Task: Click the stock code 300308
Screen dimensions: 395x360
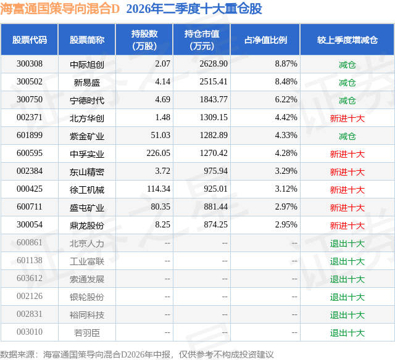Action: click(x=30, y=64)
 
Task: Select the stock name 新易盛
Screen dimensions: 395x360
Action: click(x=87, y=83)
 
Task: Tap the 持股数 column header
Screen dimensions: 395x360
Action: click(x=144, y=39)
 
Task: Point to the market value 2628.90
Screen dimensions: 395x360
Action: click(x=214, y=64)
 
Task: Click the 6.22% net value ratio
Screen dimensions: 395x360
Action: click(x=286, y=100)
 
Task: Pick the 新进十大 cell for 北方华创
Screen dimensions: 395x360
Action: click(x=347, y=118)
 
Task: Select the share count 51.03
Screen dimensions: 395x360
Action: click(x=160, y=136)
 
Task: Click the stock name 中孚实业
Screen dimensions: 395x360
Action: click(x=87, y=154)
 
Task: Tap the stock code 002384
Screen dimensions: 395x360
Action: click(x=30, y=171)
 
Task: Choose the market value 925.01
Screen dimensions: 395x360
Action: click(x=215, y=189)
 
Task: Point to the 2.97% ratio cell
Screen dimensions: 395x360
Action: click(x=286, y=207)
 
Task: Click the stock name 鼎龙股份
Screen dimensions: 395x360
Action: click(x=87, y=226)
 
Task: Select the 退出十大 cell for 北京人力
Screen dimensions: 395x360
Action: click(x=347, y=243)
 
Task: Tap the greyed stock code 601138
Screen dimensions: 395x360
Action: click(x=30, y=260)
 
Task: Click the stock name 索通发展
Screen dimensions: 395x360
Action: click(x=87, y=279)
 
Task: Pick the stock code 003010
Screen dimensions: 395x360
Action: click(x=30, y=332)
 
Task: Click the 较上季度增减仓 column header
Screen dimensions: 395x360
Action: click(x=347, y=39)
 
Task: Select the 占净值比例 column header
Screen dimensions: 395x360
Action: click(x=265, y=39)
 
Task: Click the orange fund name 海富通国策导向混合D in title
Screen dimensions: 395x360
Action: click(x=60, y=9)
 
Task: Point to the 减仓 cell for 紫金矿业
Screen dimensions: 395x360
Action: click(x=347, y=136)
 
